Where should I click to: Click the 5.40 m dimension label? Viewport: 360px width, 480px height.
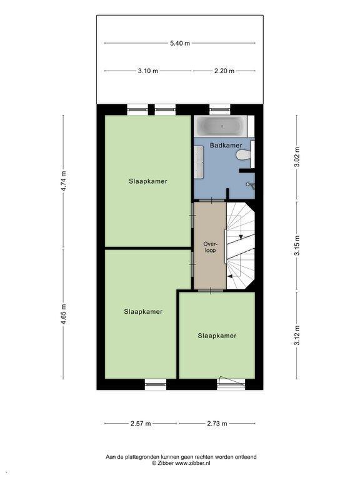pyautogui.click(x=180, y=43)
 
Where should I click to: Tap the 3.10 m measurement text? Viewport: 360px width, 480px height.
pyautogui.click(x=148, y=71)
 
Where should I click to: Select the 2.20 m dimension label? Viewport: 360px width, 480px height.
pyautogui.click(x=224, y=71)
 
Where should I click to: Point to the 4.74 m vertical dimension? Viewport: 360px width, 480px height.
pyautogui.click(x=63, y=181)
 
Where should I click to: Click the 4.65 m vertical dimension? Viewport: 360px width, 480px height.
pyautogui.click(x=63, y=314)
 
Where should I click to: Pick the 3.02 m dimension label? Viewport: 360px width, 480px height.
pyautogui.click(x=297, y=157)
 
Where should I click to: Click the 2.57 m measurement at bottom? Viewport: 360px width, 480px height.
pyautogui.click(x=141, y=424)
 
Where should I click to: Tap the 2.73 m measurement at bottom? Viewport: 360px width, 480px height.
pyautogui.click(x=217, y=424)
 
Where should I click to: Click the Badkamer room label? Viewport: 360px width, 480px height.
pyautogui.click(x=226, y=146)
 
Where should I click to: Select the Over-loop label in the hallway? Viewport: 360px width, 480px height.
pyautogui.click(x=210, y=247)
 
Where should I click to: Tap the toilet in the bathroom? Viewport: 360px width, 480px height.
pyautogui.click(x=244, y=156)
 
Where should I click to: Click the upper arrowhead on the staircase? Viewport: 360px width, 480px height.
pyautogui.click(x=241, y=237)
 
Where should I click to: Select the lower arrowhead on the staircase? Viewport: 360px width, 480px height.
pyautogui.click(x=229, y=276)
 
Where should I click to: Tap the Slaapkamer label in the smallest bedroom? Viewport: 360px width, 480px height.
pyautogui.click(x=217, y=336)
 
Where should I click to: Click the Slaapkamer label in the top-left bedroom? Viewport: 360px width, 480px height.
pyautogui.click(x=148, y=181)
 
